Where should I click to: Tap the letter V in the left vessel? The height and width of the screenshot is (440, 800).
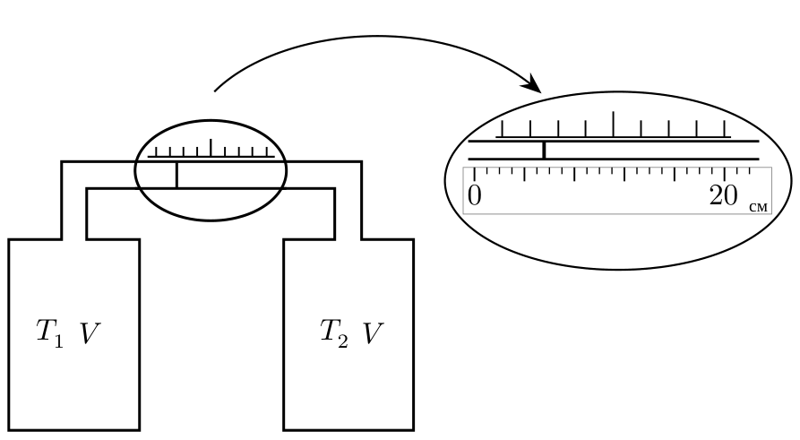(x=90, y=334)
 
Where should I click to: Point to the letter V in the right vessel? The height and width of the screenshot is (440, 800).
(x=373, y=334)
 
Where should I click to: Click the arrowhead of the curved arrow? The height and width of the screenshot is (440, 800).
(x=533, y=84)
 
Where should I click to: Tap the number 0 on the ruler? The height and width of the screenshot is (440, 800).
(x=475, y=195)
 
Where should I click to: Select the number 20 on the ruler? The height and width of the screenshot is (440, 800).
(x=723, y=195)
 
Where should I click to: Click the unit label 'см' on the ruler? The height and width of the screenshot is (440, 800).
(x=759, y=207)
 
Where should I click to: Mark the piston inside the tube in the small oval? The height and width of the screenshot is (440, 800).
(x=176, y=175)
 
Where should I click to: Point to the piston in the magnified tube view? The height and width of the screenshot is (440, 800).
(x=544, y=151)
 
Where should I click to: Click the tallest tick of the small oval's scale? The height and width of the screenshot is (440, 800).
(x=211, y=148)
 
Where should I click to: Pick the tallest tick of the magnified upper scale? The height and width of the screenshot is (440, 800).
(x=614, y=124)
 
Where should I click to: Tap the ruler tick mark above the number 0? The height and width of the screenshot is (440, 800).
(x=475, y=174)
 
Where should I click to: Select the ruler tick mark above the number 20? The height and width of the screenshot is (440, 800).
(x=725, y=174)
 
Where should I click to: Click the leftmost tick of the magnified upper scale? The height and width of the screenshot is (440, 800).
(x=503, y=129)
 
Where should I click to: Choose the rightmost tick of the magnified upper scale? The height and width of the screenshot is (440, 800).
(x=724, y=129)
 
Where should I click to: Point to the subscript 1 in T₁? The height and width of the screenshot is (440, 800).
(x=58, y=342)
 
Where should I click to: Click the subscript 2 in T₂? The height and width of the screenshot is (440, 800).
(x=342, y=342)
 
